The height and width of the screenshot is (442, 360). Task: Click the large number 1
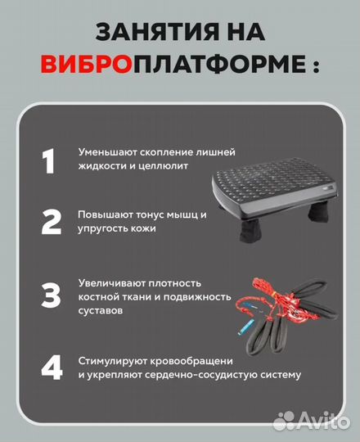(49, 161)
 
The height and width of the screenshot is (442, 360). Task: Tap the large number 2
(51, 222)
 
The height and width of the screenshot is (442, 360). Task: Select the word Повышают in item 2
(101, 214)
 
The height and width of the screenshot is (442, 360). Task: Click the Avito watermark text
(322, 422)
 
